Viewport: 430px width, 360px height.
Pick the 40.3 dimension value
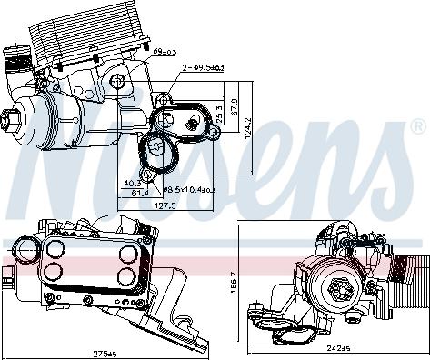[x=133, y=183]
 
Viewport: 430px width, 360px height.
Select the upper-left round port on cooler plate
[x=55, y=251]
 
